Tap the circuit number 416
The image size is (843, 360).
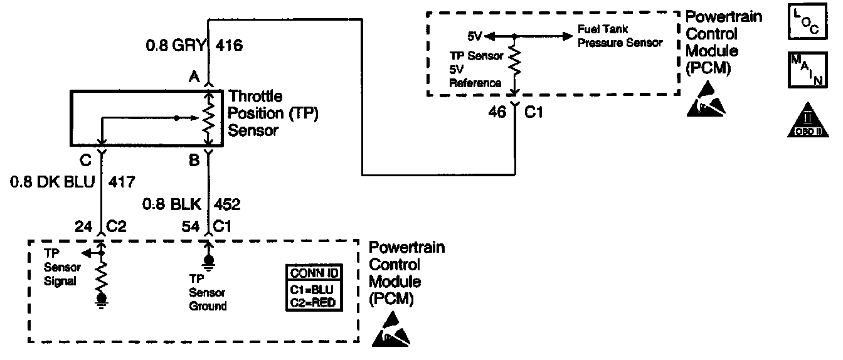[x=229, y=46]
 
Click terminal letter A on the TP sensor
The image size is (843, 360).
[x=194, y=77]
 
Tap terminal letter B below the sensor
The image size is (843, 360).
[x=194, y=161]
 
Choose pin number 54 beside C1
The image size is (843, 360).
[x=193, y=226]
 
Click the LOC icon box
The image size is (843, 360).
[x=807, y=23]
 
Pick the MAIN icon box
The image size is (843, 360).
[x=807, y=71]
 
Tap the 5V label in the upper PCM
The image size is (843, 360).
[x=475, y=36]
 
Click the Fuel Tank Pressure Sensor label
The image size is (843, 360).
[x=619, y=36]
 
